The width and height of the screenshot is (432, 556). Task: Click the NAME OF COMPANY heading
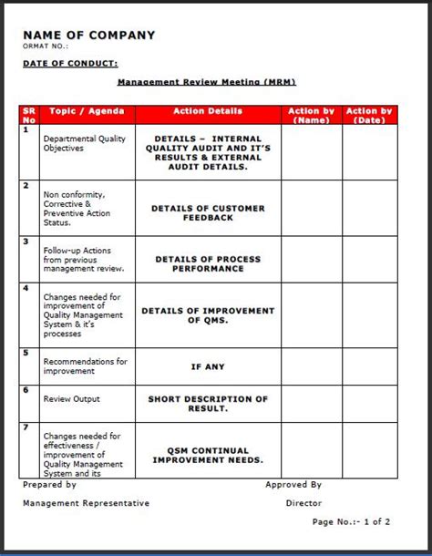click(x=88, y=36)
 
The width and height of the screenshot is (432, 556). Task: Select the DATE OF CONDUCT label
click(x=70, y=63)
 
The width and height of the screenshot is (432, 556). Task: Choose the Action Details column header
click(x=208, y=111)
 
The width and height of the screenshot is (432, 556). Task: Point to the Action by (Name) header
click(x=311, y=115)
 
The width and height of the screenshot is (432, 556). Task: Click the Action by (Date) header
click(x=369, y=115)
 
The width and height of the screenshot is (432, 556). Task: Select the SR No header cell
click(x=29, y=115)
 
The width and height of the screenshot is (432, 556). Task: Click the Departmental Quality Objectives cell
click(x=86, y=142)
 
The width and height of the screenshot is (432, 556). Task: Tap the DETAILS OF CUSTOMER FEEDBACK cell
click(x=208, y=212)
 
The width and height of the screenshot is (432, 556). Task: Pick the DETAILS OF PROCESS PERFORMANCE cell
click(x=208, y=263)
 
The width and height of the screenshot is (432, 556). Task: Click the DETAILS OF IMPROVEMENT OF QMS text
click(x=208, y=315)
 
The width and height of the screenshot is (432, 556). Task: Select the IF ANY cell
click(x=208, y=366)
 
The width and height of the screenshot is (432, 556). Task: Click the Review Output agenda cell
click(x=72, y=399)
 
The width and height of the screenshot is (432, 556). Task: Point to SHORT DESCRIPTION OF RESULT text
click(x=208, y=404)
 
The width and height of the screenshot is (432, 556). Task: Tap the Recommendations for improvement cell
click(x=86, y=366)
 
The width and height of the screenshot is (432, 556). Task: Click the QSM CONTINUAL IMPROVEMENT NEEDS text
click(x=208, y=455)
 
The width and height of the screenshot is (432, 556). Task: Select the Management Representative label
click(x=86, y=502)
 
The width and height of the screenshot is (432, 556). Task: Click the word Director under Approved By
click(x=303, y=502)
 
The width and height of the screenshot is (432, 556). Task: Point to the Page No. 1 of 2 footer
click(x=351, y=521)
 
